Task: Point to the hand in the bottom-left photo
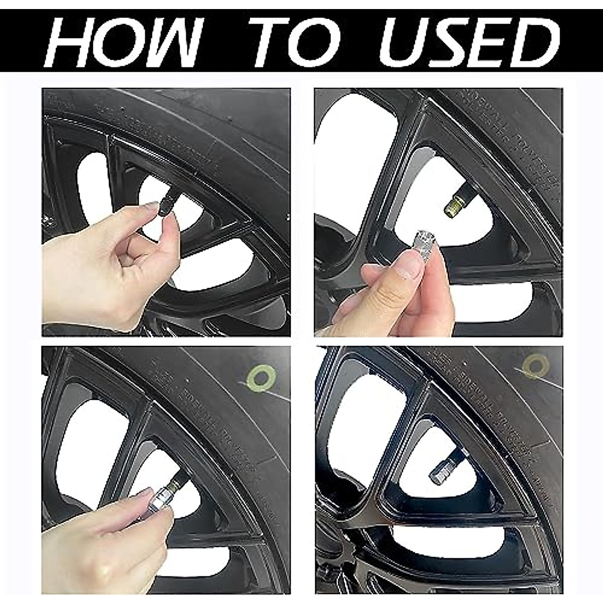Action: pyautogui.click(x=100, y=538)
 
